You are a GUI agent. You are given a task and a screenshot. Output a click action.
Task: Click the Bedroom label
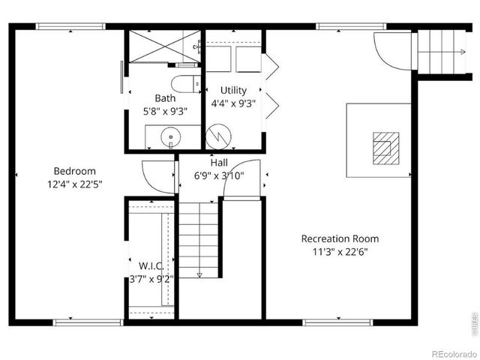74,171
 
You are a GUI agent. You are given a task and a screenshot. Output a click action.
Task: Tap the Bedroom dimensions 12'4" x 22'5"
74,183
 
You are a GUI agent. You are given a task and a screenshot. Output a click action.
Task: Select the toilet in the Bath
183,82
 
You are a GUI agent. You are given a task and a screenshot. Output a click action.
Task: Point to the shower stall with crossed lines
163,46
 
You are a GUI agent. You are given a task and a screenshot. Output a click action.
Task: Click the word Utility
233,91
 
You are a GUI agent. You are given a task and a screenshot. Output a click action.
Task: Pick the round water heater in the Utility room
219,136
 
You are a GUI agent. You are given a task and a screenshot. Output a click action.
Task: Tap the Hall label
219,163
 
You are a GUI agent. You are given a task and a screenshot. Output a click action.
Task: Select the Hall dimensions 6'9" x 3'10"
219,175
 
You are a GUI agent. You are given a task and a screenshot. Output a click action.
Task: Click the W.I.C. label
151,265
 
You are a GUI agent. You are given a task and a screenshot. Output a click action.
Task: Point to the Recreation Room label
340,239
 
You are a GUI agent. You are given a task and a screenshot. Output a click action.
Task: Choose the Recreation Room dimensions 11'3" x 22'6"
340,252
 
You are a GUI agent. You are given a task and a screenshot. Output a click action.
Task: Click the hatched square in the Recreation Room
385,147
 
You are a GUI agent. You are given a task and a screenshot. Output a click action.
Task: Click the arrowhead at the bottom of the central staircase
199,275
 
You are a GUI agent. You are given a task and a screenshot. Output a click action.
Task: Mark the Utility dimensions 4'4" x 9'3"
233,103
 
